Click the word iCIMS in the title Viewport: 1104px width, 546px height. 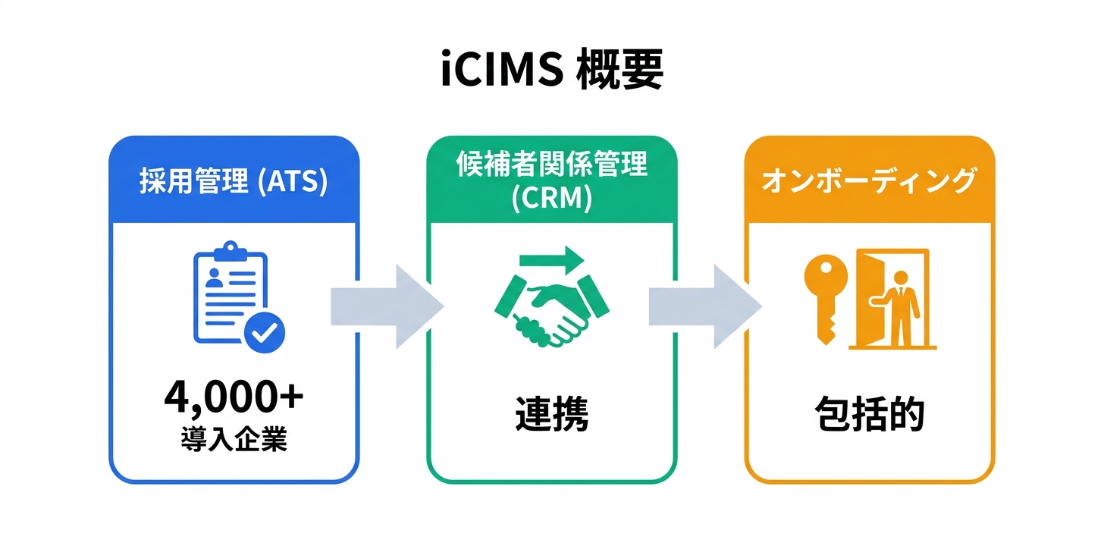(501, 73)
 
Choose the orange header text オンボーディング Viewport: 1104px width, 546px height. (869, 182)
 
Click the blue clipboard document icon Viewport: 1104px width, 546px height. (227, 292)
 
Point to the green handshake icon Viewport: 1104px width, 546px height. (551, 307)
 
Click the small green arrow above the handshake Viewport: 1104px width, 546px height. (551, 259)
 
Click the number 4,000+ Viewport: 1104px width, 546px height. (234, 400)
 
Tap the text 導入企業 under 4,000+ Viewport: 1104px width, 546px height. (234, 439)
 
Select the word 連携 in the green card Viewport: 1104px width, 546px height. (551, 415)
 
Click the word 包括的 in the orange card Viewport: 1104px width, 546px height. (870, 415)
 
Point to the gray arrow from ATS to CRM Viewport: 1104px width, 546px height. (387, 307)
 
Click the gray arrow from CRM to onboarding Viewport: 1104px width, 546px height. (704, 307)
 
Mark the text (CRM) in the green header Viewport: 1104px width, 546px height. (551, 199)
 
